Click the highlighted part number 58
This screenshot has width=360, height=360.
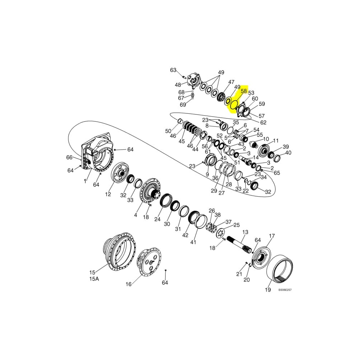tap(244, 91)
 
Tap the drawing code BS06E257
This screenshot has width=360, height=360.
tap(285, 289)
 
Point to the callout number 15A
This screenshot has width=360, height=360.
tap(94, 278)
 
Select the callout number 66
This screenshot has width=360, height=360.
tap(69, 157)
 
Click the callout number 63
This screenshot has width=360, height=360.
tap(173, 70)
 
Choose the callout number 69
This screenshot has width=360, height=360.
tap(183, 105)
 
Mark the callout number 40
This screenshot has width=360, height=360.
tap(288, 153)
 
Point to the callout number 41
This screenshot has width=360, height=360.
tap(193, 242)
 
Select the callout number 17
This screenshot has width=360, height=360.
tap(272, 236)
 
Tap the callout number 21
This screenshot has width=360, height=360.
tap(239, 274)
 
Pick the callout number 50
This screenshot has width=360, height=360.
tap(168, 131)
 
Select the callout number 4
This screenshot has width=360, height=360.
tap(135, 215)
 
